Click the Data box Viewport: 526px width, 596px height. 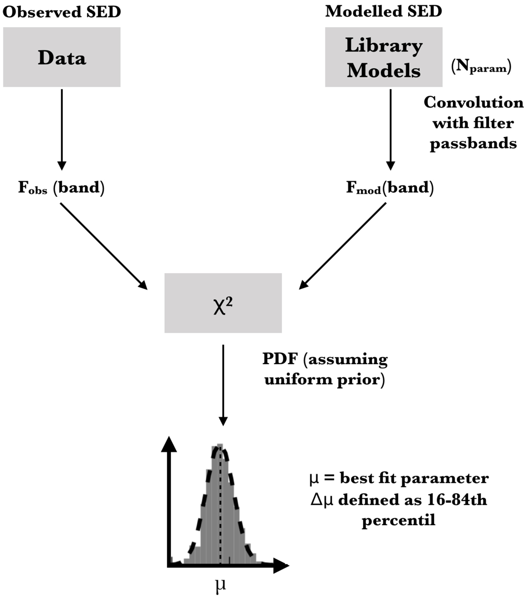coord(62,57)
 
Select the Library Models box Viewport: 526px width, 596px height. coord(384,57)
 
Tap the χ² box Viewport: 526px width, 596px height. coord(223,303)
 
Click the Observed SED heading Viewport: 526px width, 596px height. coord(61,12)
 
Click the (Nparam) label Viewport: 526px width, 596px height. coord(481,67)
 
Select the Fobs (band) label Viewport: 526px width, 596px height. coord(61,188)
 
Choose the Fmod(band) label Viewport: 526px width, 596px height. coord(390,188)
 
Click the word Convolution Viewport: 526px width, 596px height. coord(473,102)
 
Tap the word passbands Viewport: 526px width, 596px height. coord(473,144)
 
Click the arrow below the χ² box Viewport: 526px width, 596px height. coord(223,385)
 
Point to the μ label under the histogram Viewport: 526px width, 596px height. coord(221,585)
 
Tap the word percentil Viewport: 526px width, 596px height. coord(398,520)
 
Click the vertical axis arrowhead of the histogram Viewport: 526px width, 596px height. coord(169,444)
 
